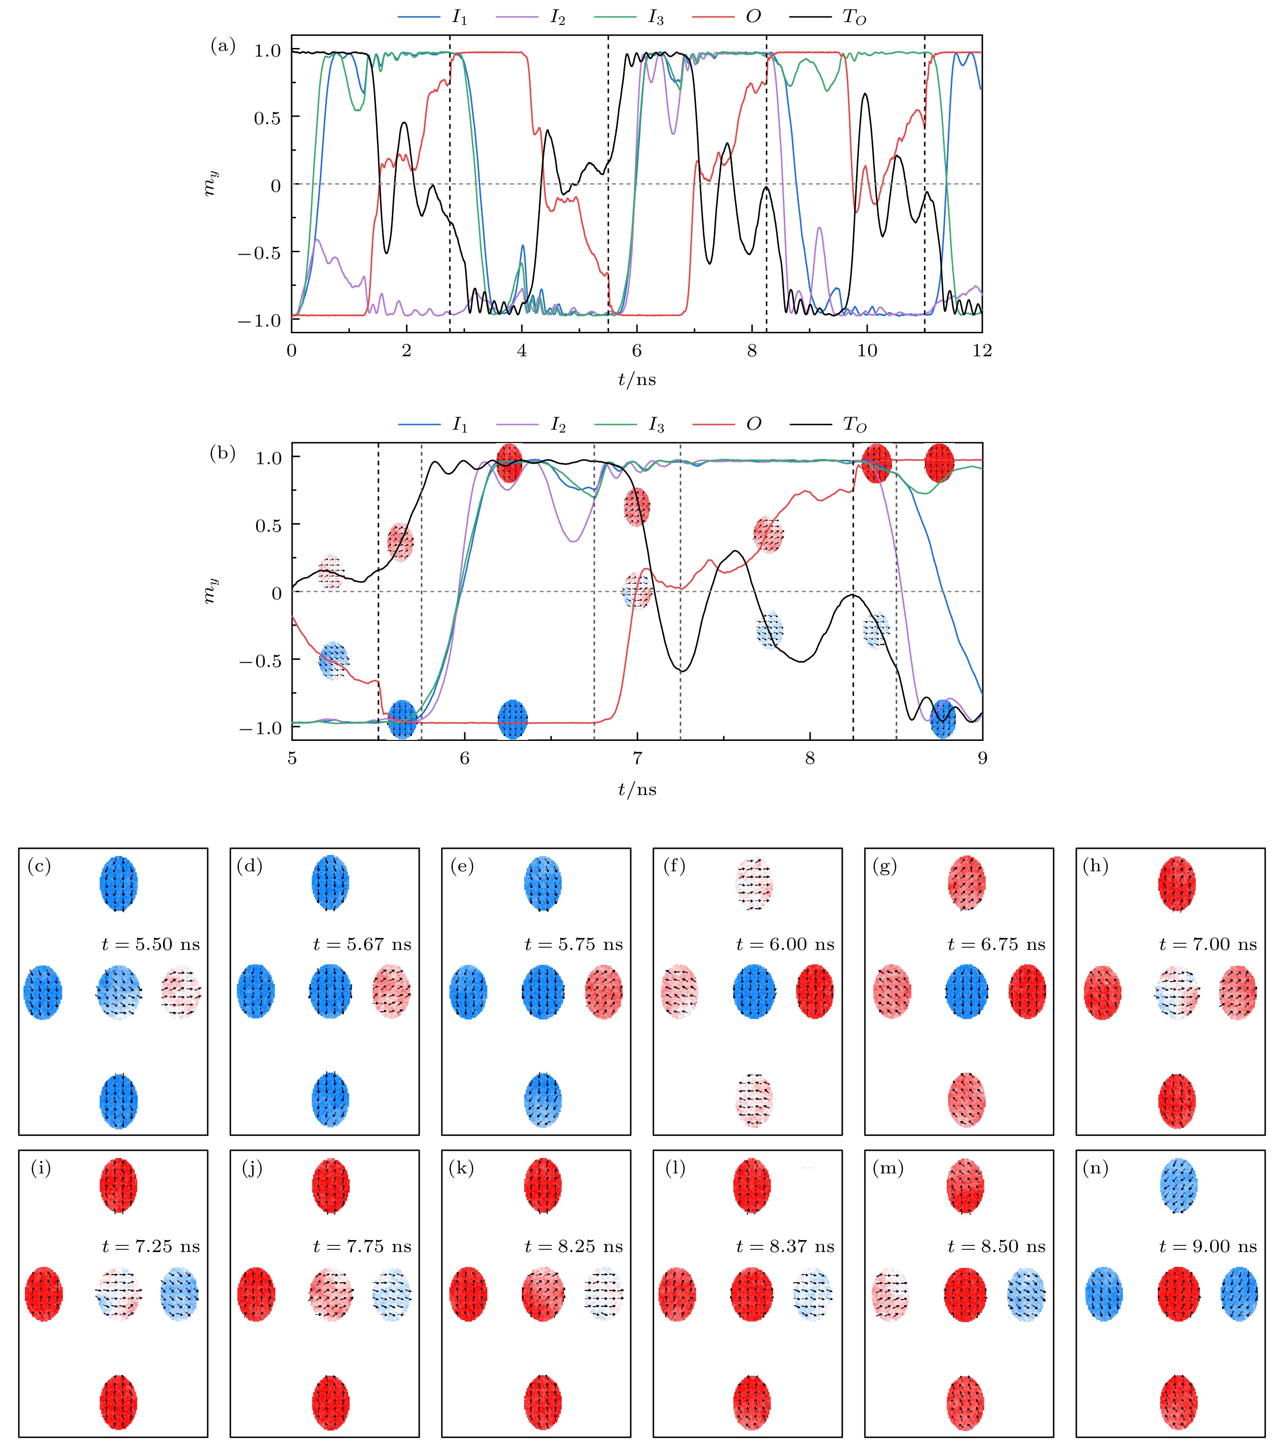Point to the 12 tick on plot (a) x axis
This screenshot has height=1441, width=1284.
pyautogui.click(x=981, y=351)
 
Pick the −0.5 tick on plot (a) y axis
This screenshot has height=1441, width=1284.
pyautogui.click(x=259, y=253)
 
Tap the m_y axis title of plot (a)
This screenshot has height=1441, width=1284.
pyautogui.click(x=211, y=184)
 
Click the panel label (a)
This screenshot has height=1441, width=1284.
pyautogui.click(x=223, y=47)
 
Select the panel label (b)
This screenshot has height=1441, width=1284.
pyautogui.click(x=223, y=454)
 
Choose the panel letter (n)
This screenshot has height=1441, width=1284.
pyautogui.click(x=1096, y=1169)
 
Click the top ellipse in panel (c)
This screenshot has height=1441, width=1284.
pyautogui.click(x=118, y=884)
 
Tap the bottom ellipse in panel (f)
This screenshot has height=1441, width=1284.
pyautogui.click(x=754, y=1101)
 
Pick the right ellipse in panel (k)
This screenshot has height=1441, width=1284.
pyautogui.click(x=604, y=1294)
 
